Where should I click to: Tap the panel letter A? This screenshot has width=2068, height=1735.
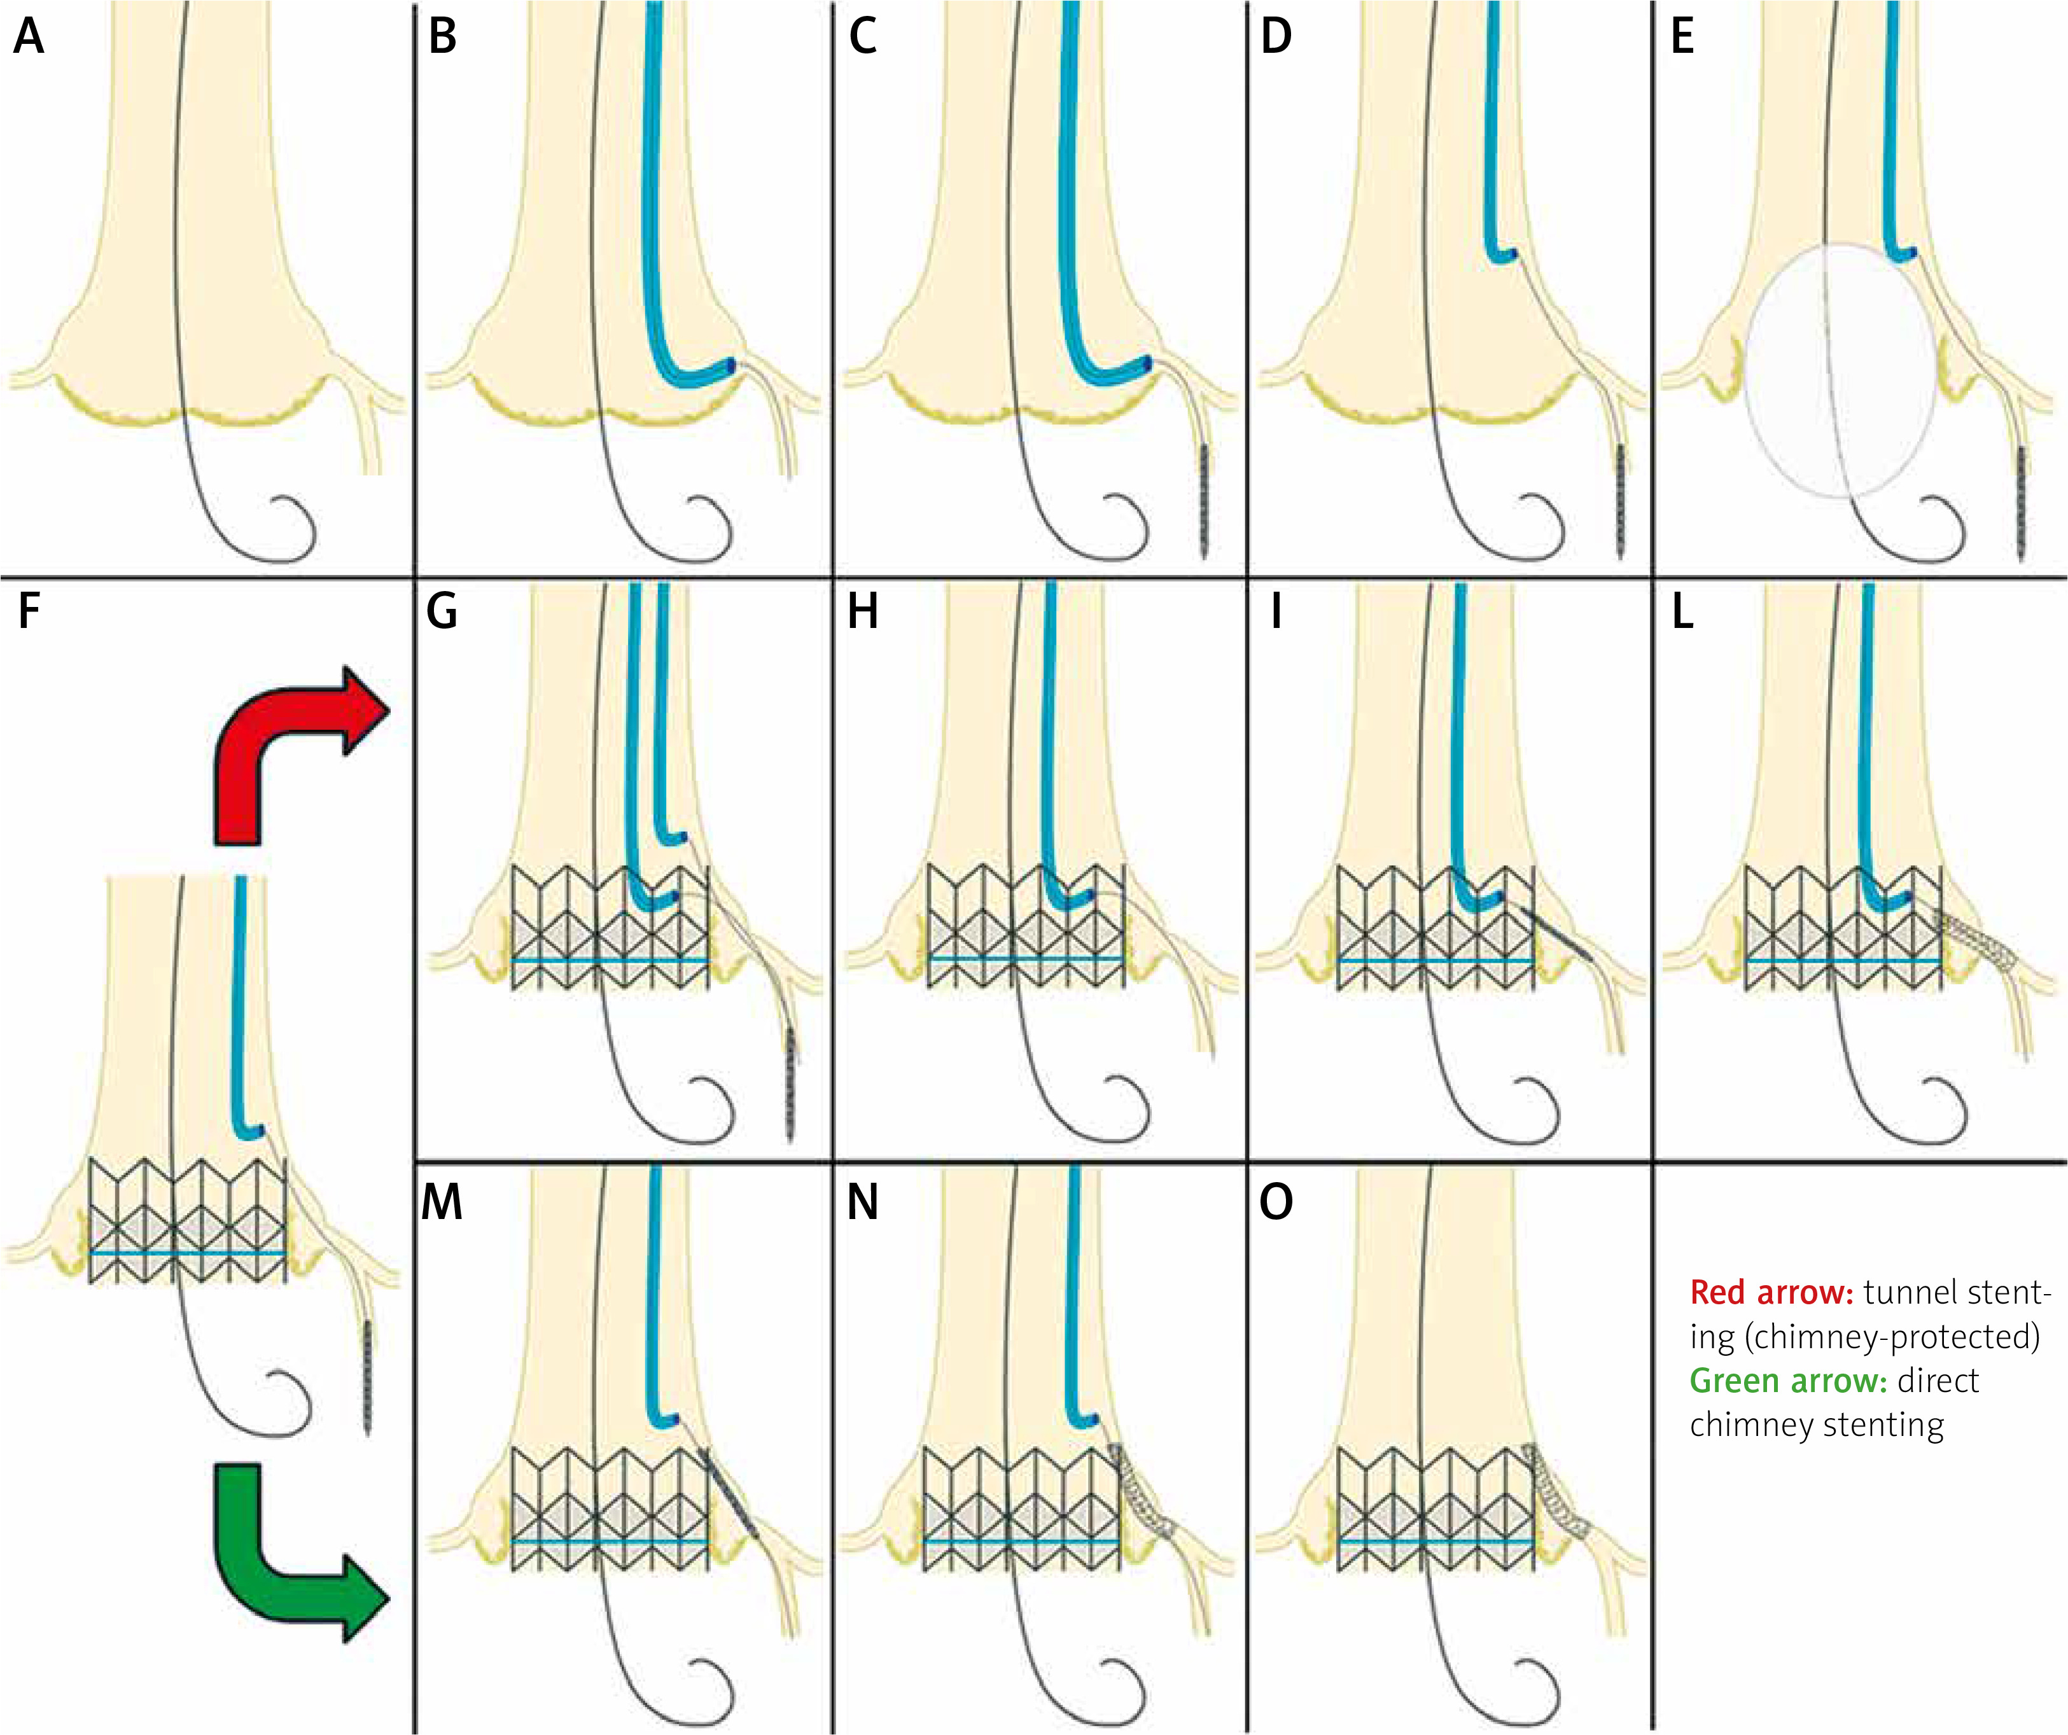click(29, 38)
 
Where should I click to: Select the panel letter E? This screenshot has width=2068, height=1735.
click(1683, 38)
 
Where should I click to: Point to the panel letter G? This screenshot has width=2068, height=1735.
click(442, 611)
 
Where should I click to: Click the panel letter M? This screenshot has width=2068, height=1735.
click(442, 1202)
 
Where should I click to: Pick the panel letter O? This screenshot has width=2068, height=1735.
click(1276, 1202)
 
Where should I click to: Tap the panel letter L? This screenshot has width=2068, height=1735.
click(1683, 611)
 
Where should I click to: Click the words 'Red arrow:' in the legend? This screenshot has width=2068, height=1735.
click(1771, 1293)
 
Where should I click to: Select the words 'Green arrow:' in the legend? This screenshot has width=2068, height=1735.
click(1788, 1381)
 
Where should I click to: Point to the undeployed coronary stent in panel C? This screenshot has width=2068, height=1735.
click(1205, 502)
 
